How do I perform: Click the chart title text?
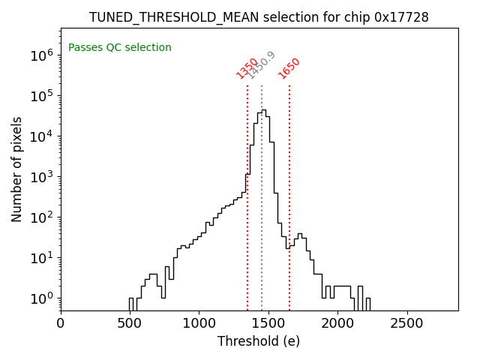[259, 17]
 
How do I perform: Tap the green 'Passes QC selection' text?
[120, 47]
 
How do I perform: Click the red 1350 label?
[247, 68]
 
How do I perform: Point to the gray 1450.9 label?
[262, 65]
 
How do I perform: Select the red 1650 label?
[289, 68]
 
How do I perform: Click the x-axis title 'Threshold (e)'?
[259, 341]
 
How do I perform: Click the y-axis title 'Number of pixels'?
[17, 169]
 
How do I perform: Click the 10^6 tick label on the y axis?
[40, 55]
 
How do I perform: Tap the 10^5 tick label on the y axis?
[40, 95]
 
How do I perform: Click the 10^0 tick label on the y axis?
[40, 298]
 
